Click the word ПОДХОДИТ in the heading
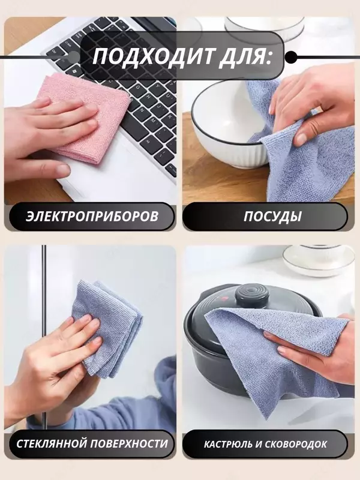(x=153, y=56)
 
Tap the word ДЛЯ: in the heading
(x=245, y=57)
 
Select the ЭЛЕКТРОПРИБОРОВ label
(x=92, y=217)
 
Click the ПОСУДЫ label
(x=272, y=217)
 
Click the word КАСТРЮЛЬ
(x=228, y=444)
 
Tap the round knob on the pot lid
(x=251, y=295)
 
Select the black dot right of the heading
(x=290, y=57)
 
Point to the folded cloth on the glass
(x=107, y=329)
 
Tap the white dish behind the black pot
(x=319, y=261)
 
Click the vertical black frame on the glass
(x=44, y=337)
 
